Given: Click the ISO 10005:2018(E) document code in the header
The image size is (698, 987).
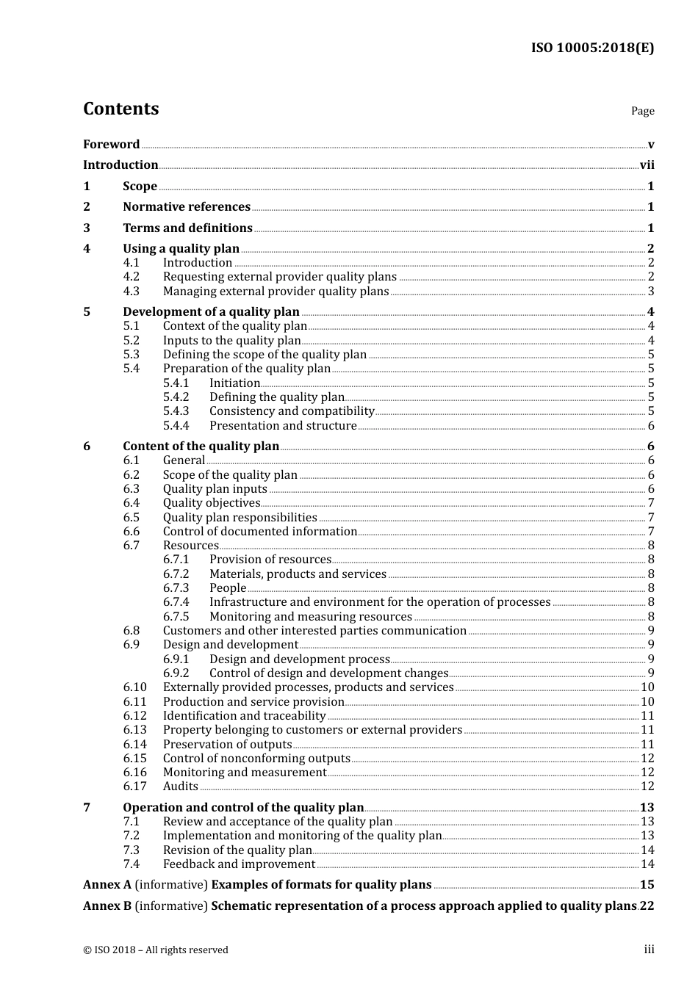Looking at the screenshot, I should click(592, 48).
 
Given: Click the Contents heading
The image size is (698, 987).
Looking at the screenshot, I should click(120, 109).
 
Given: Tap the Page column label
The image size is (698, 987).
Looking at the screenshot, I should click(642, 111).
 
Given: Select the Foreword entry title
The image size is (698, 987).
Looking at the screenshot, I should click(111, 144).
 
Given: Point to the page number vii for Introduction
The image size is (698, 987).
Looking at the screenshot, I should click(647, 165).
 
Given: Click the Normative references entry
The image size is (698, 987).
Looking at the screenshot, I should click(187, 207).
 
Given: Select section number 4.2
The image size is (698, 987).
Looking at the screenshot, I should click(132, 277).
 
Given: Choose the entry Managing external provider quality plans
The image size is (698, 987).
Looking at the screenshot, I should click(276, 292).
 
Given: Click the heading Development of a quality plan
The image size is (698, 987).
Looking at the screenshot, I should click(211, 312).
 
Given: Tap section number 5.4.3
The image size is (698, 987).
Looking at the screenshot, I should click(176, 411).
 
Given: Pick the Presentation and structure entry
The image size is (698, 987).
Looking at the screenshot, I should click(283, 426).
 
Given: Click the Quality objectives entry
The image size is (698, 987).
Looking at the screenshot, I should click(212, 503).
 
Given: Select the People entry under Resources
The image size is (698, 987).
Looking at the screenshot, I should click(228, 588).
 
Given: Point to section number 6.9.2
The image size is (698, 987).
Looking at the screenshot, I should click(176, 673).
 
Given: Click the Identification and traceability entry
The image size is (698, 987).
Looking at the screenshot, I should click(244, 716).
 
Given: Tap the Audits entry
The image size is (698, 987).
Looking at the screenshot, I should click(181, 787).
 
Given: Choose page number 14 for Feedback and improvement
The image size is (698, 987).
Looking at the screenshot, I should click(647, 864).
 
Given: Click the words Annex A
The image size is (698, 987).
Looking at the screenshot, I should click(107, 885).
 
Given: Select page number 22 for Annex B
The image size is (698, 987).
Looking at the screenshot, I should click(647, 906).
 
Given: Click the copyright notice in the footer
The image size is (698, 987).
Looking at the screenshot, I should click(156, 950).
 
